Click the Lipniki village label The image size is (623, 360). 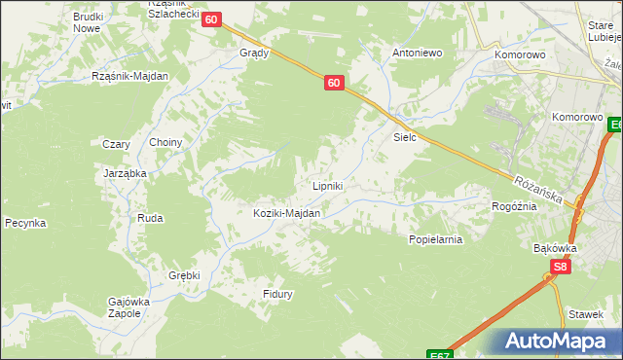(x=326, y=186)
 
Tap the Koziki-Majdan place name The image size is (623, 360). (x=287, y=213)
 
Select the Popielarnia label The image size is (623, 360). (x=434, y=238)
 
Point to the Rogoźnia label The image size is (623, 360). (x=515, y=206)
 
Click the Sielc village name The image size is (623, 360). (x=405, y=137)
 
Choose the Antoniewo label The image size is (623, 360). (x=418, y=53)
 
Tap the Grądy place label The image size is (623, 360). (x=254, y=54)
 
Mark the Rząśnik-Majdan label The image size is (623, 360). (x=130, y=76)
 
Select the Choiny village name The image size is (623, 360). (x=165, y=142)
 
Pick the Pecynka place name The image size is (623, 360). (x=25, y=223)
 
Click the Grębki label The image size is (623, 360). (x=184, y=275)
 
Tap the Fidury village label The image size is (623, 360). (x=277, y=294)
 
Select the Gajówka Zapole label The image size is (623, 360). (x=128, y=308)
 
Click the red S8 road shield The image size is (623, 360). (x=560, y=266)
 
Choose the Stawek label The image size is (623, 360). (x=586, y=314)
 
